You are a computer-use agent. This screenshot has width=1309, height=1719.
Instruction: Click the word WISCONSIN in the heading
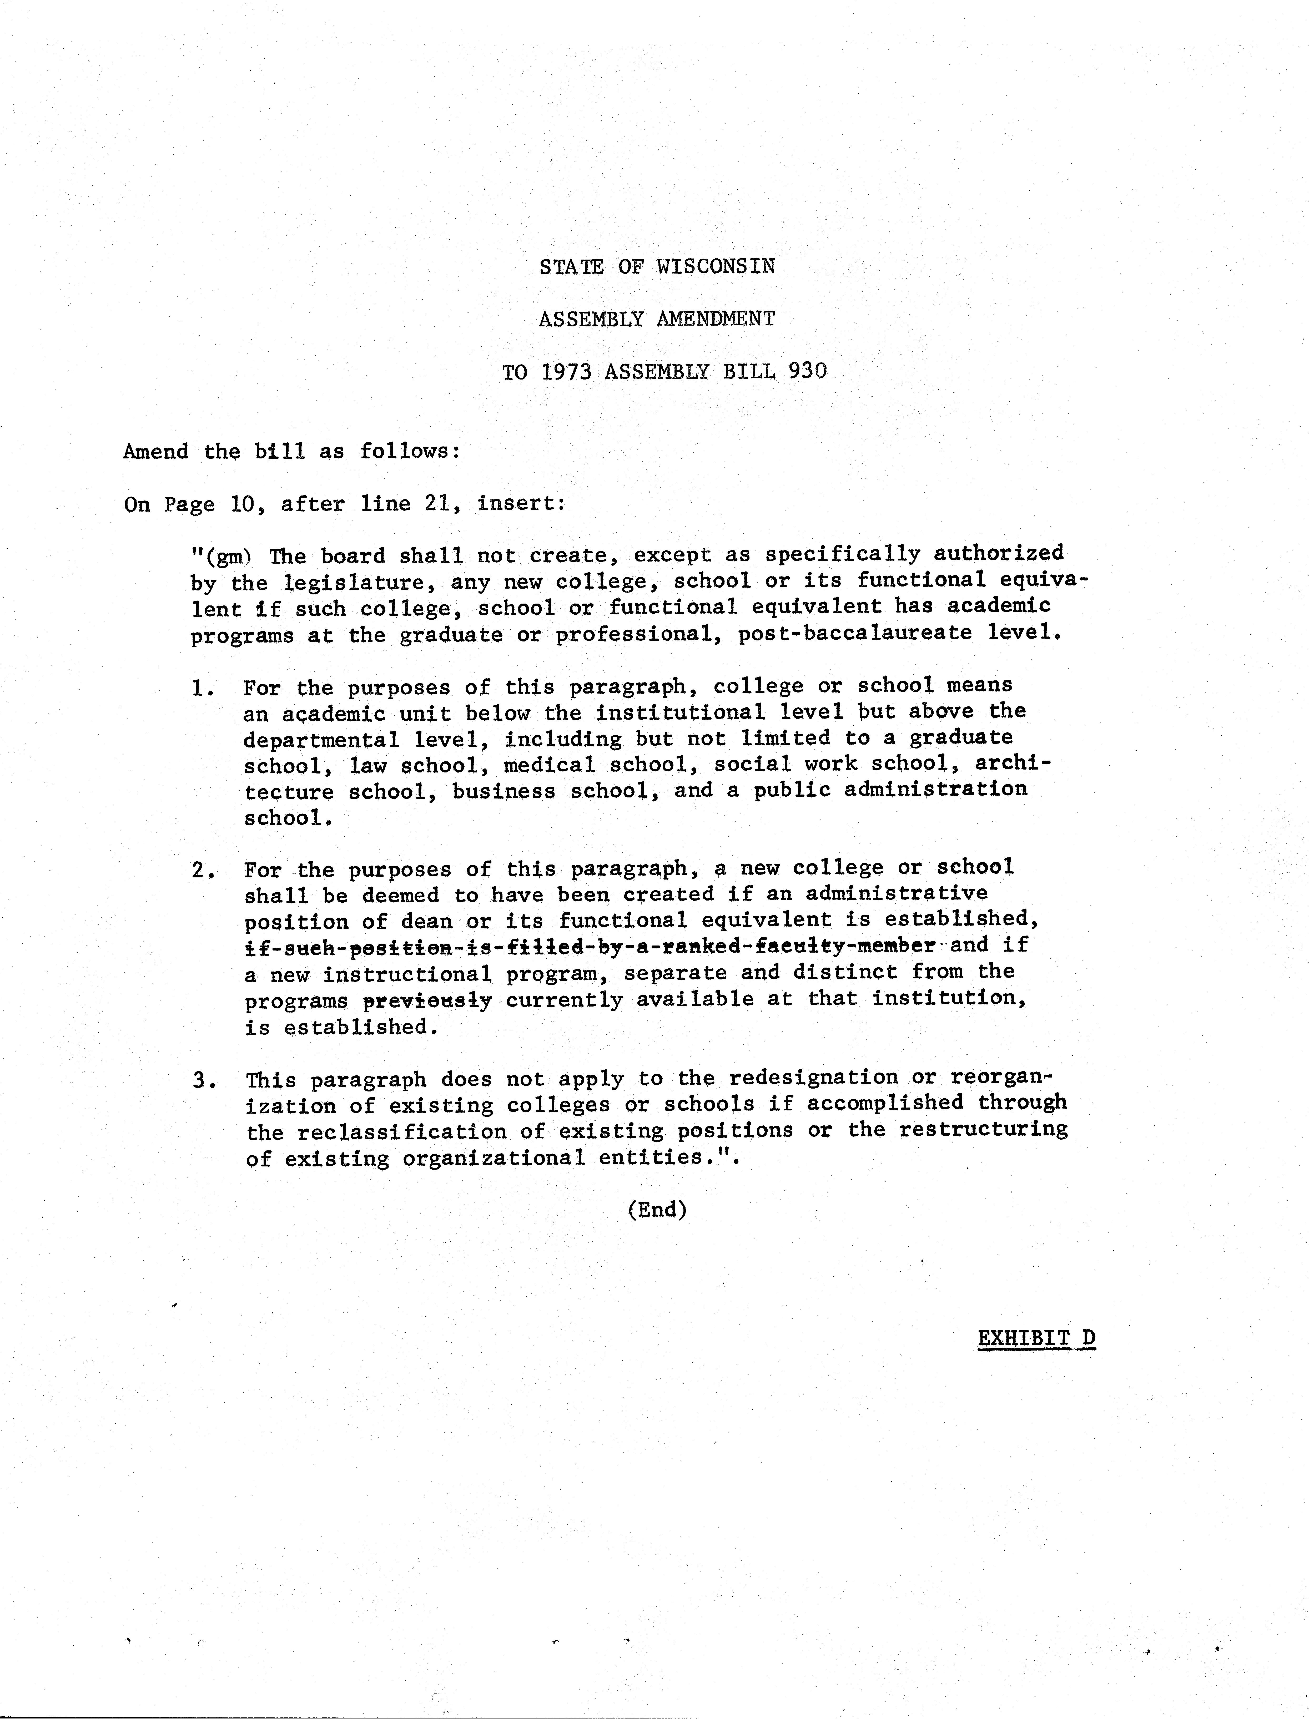(x=715, y=266)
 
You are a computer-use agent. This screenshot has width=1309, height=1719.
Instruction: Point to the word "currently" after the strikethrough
(x=563, y=1000)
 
